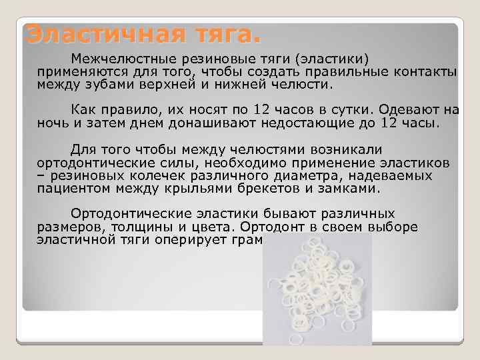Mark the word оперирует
200,239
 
